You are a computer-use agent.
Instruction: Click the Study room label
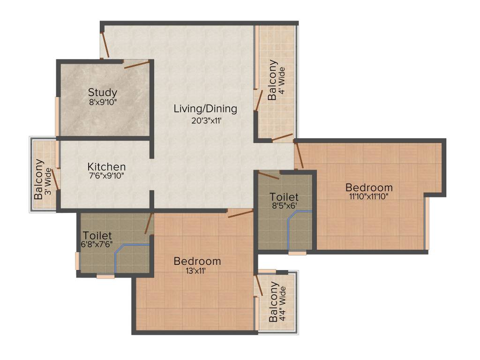click(103, 92)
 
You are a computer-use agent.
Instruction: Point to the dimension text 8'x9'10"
click(103, 101)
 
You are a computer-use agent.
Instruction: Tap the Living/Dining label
click(205, 109)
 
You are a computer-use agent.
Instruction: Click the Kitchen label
click(107, 167)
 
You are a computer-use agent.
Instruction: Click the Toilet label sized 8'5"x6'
click(284, 197)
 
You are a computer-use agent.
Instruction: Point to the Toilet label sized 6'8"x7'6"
click(97, 235)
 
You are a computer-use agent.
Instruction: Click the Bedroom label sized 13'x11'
click(197, 261)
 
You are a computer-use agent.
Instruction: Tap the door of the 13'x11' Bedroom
click(240, 214)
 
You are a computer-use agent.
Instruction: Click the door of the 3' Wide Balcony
click(55, 179)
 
